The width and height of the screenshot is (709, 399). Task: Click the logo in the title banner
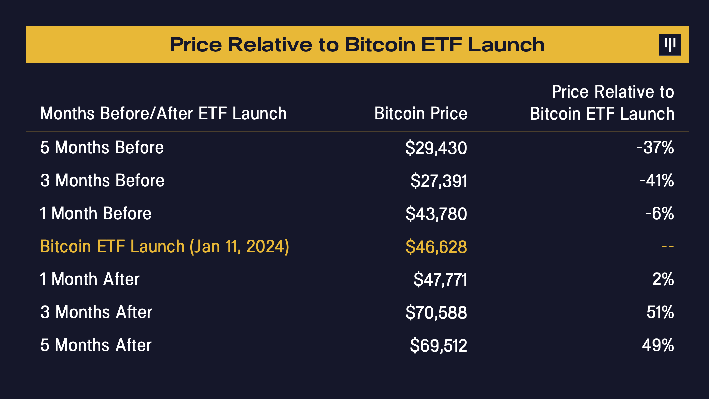pyautogui.click(x=670, y=45)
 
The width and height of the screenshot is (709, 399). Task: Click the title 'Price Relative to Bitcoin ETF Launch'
pyautogui.click(x=357, y=45)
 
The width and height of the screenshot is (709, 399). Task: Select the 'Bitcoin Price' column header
pyautogui.click(x=421, y=114)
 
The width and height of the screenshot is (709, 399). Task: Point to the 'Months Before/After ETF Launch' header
pyautogui.click(x=163, y=114)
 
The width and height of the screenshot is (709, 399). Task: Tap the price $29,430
pyautogui.click(x=436, y=148)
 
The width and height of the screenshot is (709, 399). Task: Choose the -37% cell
pyautogui.click(x=655, y=148)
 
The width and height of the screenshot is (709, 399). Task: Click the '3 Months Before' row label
pyautogui.click(x=102, y=181)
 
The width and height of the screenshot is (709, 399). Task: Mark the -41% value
pyautogui.click(x=657, y=181)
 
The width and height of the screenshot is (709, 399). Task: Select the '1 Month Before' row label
pyautogui.click(x=96, y=214)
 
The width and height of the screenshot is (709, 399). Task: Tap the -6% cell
pyautogui.click(x=659, y=214)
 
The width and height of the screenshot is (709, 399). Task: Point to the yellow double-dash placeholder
pyautogui.click(x=667, y=247)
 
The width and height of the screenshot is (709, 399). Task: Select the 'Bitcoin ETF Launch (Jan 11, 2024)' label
pyautogui.click(x=164, y=247)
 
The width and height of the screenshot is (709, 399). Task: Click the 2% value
pyautogui.click(x=663, y=279)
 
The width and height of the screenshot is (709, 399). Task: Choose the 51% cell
pyautogui.click(x=660, y=312)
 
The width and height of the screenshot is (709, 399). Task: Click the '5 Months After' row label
pyautogui.click(x=96, y=345)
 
